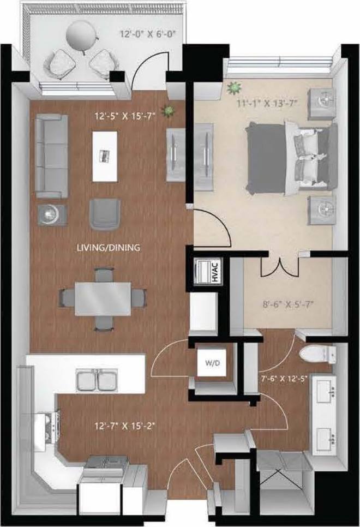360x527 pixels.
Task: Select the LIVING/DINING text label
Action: click(109, 248)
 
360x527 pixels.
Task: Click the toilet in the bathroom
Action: click(316, 355)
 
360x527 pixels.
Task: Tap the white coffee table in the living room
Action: click(105, 155)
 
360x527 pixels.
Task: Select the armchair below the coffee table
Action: click(104, 213)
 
